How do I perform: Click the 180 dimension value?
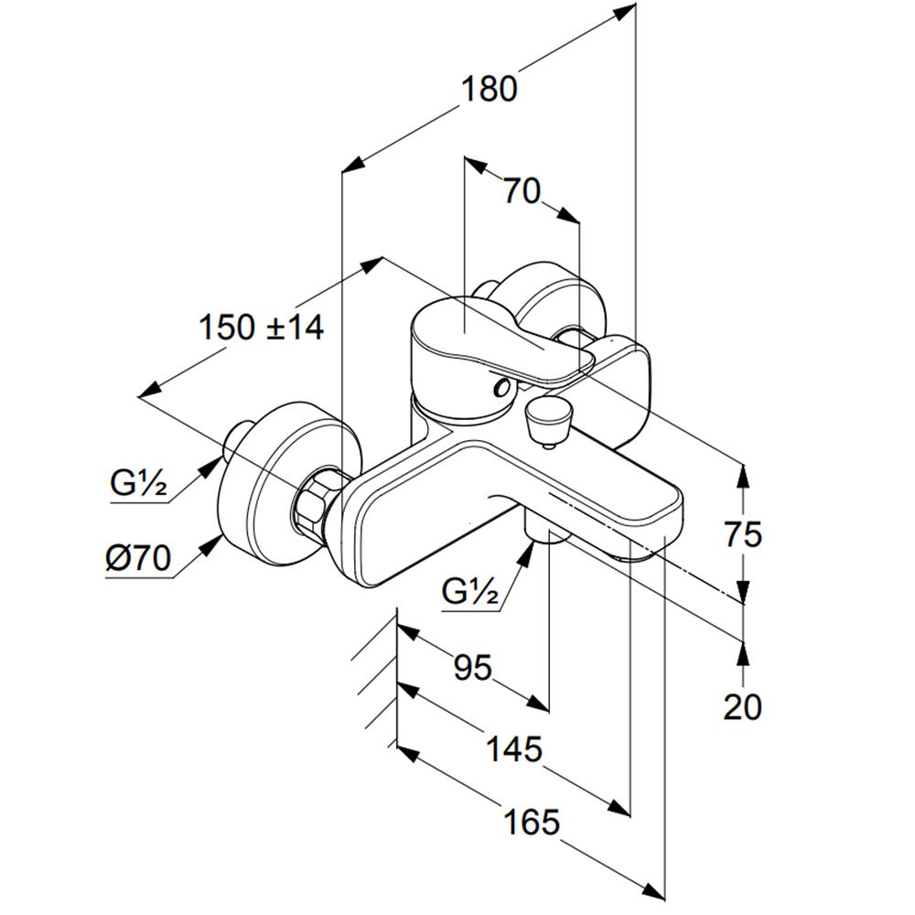point(489,90)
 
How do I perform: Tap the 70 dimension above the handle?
point(522,191)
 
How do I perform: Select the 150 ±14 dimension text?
point(261,327)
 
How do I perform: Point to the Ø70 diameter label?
point(138,558)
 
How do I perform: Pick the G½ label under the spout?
point(470,592)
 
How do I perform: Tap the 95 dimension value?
point(473,667)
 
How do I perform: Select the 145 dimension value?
point(514,748)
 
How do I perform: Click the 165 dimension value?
point(532,823)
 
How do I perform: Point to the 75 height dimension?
point(743,534)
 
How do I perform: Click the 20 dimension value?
point(742,706)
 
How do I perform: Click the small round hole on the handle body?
point(501,386)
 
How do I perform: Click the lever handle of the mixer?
point(501,341)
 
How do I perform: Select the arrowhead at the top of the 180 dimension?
point(624,13)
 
